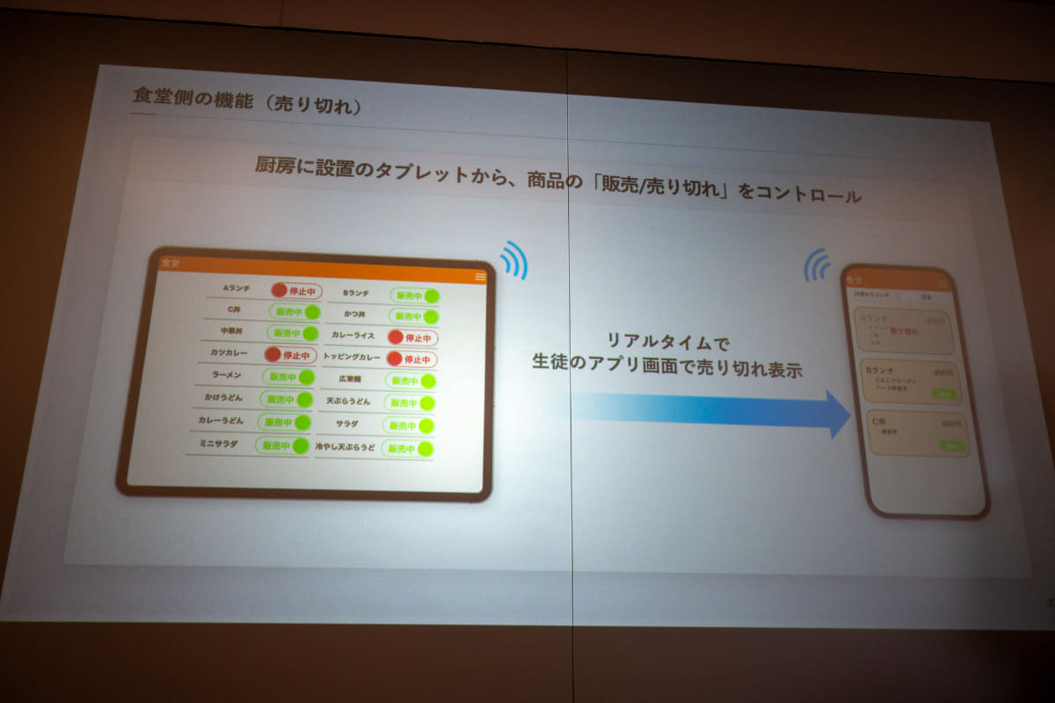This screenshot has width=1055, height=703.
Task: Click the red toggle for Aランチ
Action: click(296, 290)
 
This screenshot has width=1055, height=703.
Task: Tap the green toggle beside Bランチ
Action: click(416, 296)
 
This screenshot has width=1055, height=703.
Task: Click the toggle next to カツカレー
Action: click(289, 355)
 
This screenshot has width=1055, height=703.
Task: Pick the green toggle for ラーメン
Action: click(288, 377)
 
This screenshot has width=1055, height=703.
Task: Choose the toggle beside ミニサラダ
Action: click(282, 444)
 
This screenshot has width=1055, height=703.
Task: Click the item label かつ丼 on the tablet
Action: click(354, 314)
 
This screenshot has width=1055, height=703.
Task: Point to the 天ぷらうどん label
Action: click(348, 401)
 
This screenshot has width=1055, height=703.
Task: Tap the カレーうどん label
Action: click(221, 421)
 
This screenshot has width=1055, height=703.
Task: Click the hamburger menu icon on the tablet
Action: click(480, 276)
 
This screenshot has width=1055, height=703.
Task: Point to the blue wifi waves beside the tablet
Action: click(514, 260)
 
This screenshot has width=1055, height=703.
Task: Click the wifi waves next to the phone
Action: click(818, 264)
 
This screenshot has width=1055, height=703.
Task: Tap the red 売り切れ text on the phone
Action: click(904, 332)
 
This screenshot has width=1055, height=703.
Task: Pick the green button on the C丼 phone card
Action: click(950, 446)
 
